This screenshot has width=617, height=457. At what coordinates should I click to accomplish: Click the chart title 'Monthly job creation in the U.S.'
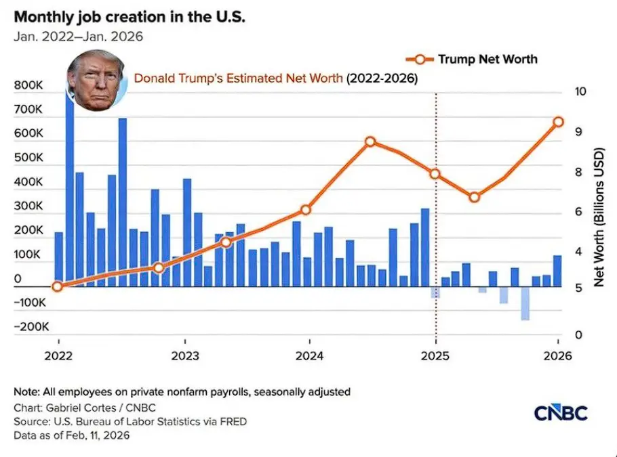click(x=129, y=16)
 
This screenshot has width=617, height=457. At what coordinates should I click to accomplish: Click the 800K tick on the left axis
click(x=27, y=86)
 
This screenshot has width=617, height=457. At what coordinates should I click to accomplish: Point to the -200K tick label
click(x=31, y=326)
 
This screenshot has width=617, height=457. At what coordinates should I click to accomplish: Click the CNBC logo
click(x=561, y=413)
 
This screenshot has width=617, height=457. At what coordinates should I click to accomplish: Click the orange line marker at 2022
click(x=58, y=286)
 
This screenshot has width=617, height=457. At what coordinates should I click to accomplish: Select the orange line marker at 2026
click(x=558, y=122)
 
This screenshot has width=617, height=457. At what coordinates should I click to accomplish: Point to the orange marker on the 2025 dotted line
click(x=435, y=174)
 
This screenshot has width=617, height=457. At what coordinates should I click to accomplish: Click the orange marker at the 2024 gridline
click(x=306, y=210)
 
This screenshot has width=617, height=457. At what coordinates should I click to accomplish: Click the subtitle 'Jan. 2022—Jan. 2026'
click(x=78, y=37)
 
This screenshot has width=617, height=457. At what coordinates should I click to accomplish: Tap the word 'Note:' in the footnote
click(x=28, y=391)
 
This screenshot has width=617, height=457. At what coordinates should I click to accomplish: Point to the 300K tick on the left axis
click(x=27, y=206)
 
